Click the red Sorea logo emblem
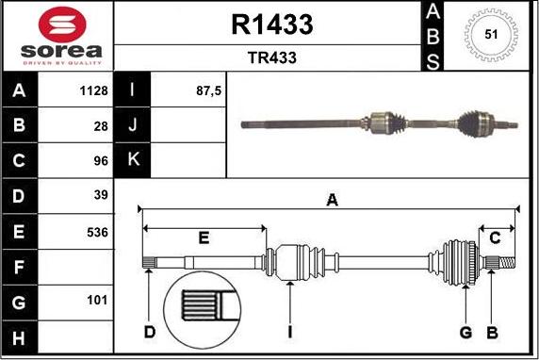[62, 25]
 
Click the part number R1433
[272, 25]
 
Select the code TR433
[272, 57]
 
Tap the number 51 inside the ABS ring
[491, 34]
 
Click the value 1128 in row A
[93, 90]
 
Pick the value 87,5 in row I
[208, 90]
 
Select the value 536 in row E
[97, 233]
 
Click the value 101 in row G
[97, 301]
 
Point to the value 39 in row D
[101, 195]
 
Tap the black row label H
[19, 337]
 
